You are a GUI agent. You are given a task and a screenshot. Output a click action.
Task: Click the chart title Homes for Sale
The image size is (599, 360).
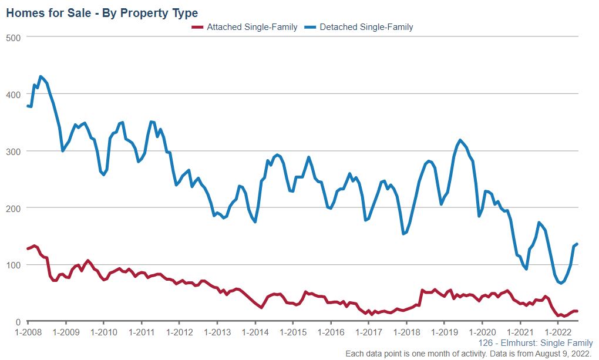(x=102, y=13)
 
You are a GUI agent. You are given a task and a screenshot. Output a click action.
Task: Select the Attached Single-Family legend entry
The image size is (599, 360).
(x=252, y=27)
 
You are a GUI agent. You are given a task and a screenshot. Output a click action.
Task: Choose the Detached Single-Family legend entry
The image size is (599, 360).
(x=366, y=27)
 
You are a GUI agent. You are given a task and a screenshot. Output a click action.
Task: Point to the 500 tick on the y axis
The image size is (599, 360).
(x=14, y=37)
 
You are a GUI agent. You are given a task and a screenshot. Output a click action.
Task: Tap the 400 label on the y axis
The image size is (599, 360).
(x=14, y=94)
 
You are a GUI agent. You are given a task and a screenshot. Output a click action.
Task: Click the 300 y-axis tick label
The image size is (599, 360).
(x=14, y=151)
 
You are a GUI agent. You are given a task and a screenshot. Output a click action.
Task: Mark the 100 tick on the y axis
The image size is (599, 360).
(x=14, y=265)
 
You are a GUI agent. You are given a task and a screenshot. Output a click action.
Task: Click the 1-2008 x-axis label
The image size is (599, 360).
(x=28, y=332)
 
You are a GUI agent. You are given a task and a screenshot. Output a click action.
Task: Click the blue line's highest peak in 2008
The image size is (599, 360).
(x=41, y=76)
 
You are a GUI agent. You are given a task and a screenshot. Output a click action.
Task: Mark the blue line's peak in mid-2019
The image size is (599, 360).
(x=460, y=140)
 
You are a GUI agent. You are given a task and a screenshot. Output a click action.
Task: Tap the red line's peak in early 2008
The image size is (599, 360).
(x=35, y=245)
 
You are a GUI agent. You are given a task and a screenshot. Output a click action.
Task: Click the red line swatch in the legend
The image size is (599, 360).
(x=197, y=27)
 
